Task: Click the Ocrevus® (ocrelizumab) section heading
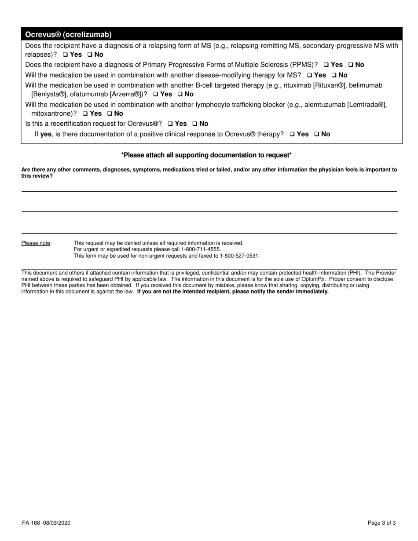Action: click(x=68, y=34)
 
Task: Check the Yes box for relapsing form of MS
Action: click(x=65, y=55)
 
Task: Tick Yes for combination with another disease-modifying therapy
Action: click(x=309, y=75)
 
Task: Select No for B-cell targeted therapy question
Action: click(x=180, y=94)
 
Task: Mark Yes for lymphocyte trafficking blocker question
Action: click(x=85, y=113)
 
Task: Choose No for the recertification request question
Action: click(x=195, y=124)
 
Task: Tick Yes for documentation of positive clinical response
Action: click(x=293, y=134)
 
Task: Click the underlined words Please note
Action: click(x=36, y=243)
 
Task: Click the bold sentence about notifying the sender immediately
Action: click(x=233, y=292)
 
